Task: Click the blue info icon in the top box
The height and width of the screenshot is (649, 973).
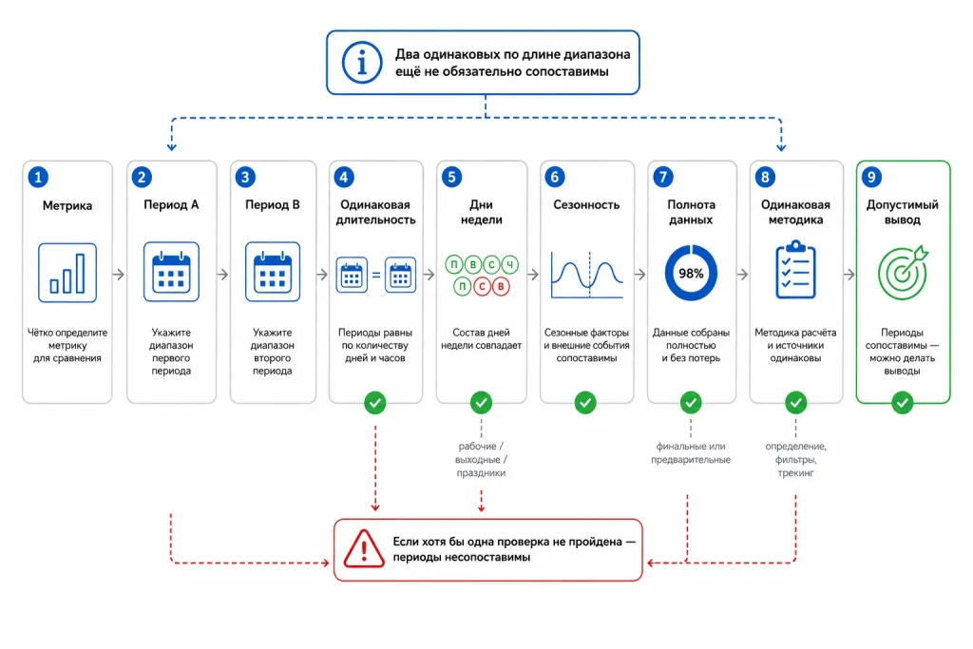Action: click(x=362, y=63)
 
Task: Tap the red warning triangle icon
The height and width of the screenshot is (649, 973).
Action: click(x=364, y=548)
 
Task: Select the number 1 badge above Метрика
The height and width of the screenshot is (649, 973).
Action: click(x=38, y=178)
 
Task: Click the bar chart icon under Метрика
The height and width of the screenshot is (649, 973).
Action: click(x=67, y=273)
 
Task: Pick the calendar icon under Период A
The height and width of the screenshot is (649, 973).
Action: click(x=171, y=272)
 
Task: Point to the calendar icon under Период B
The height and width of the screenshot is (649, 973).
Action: click(x=273, y=272)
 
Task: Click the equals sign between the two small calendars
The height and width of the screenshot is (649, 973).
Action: click(x=376, y=275)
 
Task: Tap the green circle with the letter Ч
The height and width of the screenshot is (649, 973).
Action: click(x=510, y=265)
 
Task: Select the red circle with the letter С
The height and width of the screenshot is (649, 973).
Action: click(x=482, y=286)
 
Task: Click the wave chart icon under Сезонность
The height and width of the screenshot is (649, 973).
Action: click(x=587, y=275)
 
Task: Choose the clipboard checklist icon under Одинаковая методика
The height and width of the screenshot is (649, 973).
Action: click(x=795, y=270)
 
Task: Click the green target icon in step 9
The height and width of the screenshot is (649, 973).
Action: click(x=903, y=273)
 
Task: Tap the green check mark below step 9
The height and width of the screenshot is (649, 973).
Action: click(x=903, y=403)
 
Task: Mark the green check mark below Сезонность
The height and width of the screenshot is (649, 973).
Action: click(x=585, y=403)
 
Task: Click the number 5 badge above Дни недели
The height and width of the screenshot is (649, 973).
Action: click(x=451, y=178)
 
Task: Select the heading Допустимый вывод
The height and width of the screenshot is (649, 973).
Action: click(x=903, y=212)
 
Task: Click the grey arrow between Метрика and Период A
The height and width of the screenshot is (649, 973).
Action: click(x=119, y=275)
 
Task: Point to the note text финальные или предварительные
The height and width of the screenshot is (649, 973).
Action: click(x=691, y=453)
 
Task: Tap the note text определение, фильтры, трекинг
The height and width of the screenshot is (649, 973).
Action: click(x=795, y=460)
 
